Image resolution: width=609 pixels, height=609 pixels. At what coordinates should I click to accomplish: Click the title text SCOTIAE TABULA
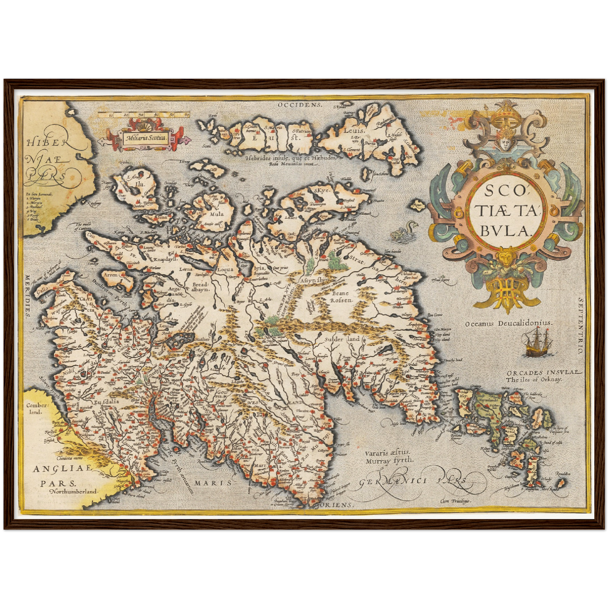click(x=507, y=211)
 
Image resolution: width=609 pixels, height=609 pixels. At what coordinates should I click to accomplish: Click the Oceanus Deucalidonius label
click(x=509, y=323)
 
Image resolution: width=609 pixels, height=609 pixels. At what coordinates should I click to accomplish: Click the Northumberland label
click(x=73, y=491)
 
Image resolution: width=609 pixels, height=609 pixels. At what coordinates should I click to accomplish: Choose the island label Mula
click(x=217, y=214)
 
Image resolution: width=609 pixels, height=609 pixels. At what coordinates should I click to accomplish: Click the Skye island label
click(x=321, y=190)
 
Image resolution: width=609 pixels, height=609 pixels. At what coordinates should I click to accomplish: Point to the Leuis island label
click(x=353, y=131)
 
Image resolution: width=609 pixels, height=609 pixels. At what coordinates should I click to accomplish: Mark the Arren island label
click(x=110, y=274)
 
